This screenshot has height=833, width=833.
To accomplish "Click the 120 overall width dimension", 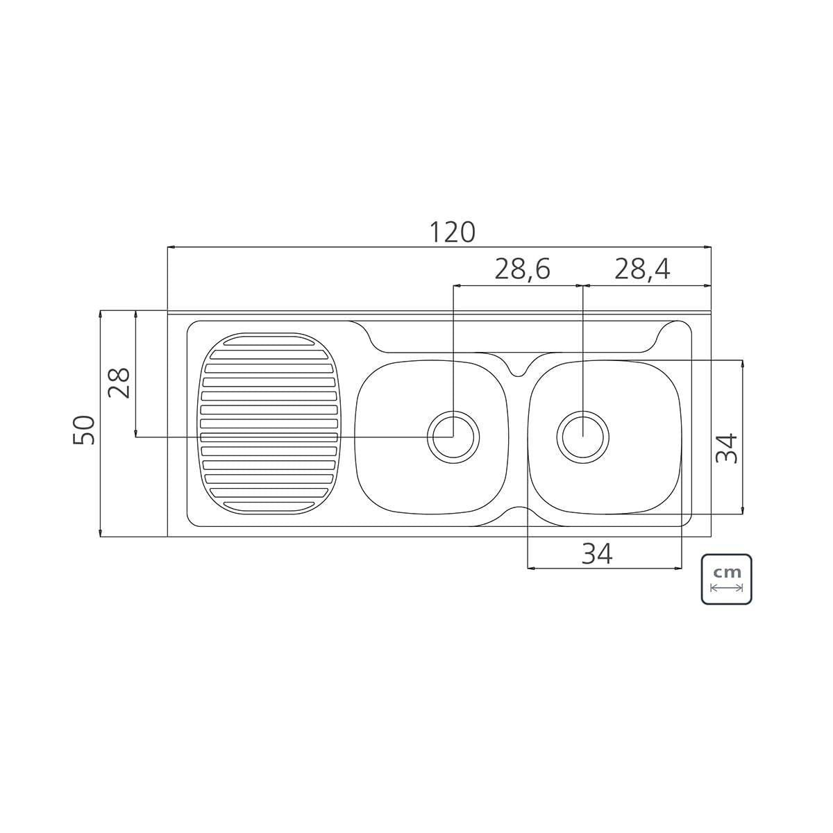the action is point(452,232).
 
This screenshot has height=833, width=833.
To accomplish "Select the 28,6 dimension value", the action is point(522,269).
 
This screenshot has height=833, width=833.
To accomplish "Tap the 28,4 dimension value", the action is point(642,269).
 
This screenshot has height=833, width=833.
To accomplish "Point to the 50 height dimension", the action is point(84,430).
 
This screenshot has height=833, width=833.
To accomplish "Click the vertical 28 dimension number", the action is point(119,383).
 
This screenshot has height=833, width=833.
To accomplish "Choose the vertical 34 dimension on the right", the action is point(726,448).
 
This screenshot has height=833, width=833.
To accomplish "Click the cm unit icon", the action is point(726,579).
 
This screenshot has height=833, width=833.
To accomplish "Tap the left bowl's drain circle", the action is point(453,437).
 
